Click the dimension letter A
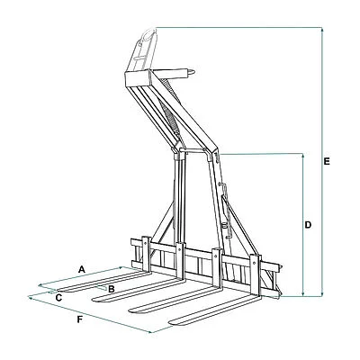click(x=81, y=269)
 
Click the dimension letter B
click(x=112, y=289)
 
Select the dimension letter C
click(x=58, y=298)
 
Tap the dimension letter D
click(x=308, y=224)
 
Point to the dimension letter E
click(x=327, y=161)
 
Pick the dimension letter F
click(x=79, y=319)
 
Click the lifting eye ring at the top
click(x=149, y=33)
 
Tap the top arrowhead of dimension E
click(x=322, y=30)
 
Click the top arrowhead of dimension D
click(x=303, y=157)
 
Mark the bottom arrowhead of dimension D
click(x=303, y=293)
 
